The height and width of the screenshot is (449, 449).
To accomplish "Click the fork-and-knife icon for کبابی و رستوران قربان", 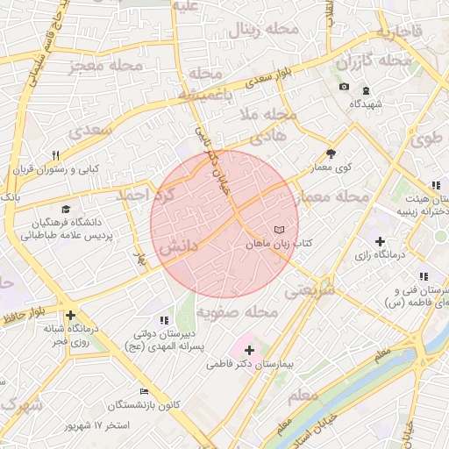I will click(55, 154).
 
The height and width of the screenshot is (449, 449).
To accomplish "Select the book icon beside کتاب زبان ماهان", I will click(279, 229).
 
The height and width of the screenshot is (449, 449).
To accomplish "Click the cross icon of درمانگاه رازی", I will click(379, 241).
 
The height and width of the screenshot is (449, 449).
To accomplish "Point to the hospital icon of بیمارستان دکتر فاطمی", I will click(248, 350).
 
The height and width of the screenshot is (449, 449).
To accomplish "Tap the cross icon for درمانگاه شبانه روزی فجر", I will click(70, 316).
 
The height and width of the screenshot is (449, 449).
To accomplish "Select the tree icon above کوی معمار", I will click(331, 153).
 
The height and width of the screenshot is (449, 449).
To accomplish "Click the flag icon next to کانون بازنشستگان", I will click(144, 392).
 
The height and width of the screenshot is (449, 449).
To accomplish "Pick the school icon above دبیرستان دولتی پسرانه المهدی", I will click(164, 321).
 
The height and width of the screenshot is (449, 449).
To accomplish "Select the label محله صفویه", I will click(237, 312).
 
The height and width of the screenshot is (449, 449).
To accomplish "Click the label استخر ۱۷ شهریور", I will click(98, 425).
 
